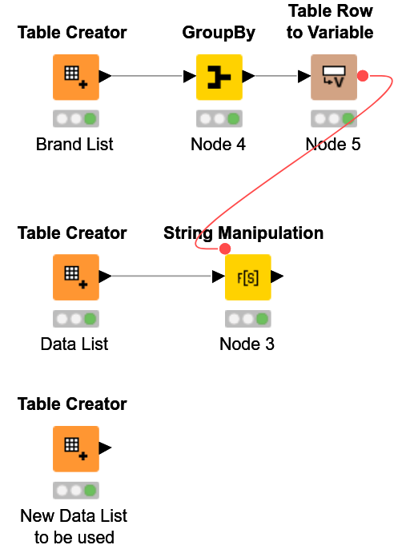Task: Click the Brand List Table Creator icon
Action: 76,77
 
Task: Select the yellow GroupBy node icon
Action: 219,77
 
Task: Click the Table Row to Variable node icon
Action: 333,77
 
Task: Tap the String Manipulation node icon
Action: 247,277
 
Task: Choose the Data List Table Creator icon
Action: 76,277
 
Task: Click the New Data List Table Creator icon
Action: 76,448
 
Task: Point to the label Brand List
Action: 74,145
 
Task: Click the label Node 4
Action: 218,145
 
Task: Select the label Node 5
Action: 333,145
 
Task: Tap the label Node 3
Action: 247,344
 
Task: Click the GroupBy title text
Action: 219,33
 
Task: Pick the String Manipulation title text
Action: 243,233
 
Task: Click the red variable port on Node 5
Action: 362,76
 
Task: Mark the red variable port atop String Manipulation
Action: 225,249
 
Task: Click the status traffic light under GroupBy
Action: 219,119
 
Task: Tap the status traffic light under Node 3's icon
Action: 247,319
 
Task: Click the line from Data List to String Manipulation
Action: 160,277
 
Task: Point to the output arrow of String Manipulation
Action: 277,277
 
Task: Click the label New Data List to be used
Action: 74,526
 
